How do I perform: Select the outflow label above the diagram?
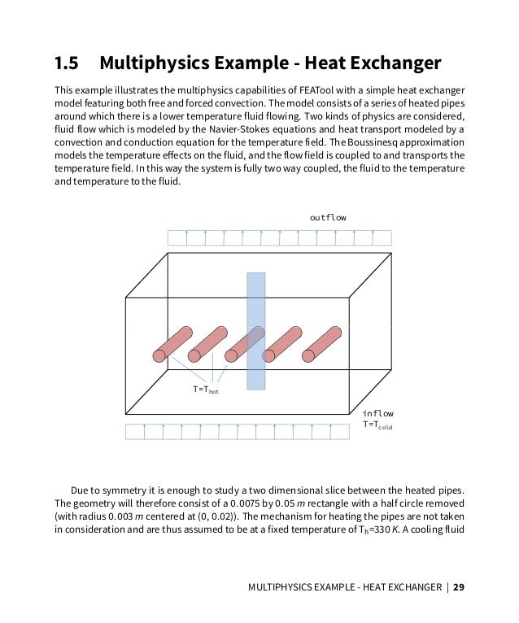328,218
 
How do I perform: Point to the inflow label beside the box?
378,413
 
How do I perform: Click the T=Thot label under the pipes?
206,390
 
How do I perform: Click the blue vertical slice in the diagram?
256,331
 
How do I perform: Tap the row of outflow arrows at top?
279,237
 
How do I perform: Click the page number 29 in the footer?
460,586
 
